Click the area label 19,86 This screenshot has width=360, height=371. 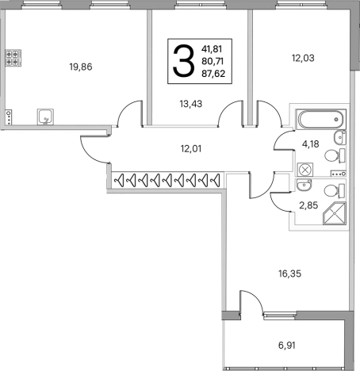pyautogui.click(x=81, y=67)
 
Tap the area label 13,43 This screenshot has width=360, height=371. pyautogui.click(x=191, y=104)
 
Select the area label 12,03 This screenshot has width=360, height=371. pyautogui.click(x=303, y=58)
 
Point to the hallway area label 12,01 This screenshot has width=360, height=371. pyautogui.click(x=191, y=149)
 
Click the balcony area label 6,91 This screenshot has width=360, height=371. pyautogui.click(x=287, y=345)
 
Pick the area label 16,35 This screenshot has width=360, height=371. pyautogui.click(x=289, y=273)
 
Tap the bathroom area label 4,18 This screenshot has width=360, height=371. pyautogui.click(x=310, y=144)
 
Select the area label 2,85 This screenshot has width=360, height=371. pyautogui.click(x=308, y=205)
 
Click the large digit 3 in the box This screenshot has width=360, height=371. pyautogui.click(x=183, y=61)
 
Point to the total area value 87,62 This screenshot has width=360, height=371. pyautogui.click(x=213, y=74)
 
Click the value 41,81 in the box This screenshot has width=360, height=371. pyautogui.click(x=212, y=49)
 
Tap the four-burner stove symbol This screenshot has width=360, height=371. pyautogui.click(x=13, y=58)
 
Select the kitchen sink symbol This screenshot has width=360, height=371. pyautogui.click(x=45, y=117)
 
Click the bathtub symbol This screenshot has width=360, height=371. pyautogui.click(x=320, y=120)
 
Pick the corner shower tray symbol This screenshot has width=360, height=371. pyautogui.click(x=335, y=213)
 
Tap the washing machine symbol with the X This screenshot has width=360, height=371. pyautogui.click(x=305, y=170)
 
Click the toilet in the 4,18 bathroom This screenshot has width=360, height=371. pyautogui.click(x=335, y=155)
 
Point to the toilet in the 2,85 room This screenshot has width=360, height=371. pyautogui.click(x=335, y=191)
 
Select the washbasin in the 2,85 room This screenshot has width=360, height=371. pyautogui.click(x=304, y=185)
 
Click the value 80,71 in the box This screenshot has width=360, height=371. pyautogui.click(x=213, y=61)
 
